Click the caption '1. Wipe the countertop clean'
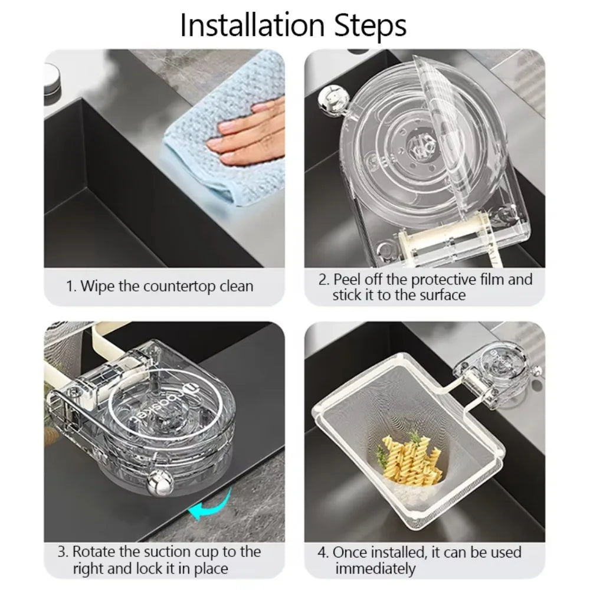[x=159, y=287]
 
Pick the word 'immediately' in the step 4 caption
[x=375, y=569]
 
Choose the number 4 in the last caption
[x=322, y=553]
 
